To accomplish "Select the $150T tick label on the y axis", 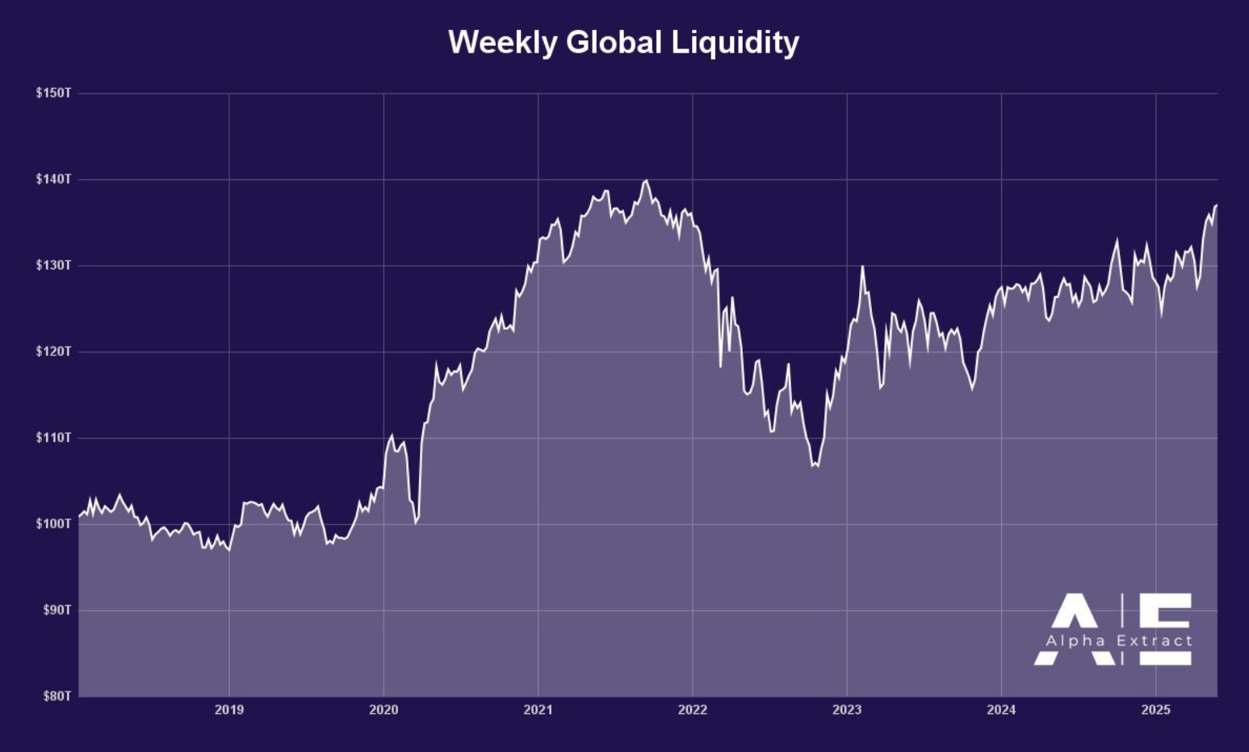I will [x=53, y=93].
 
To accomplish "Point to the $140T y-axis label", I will [x=53, y=179].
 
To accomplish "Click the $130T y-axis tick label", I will [x=53, y=265].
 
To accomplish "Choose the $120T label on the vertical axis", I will [x=53, y=351].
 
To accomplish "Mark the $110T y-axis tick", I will [x=53, y=437].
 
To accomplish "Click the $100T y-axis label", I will [x=53, y=523].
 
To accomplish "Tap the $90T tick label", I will [x=57, y=610].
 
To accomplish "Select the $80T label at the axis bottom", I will [x=57, y=695].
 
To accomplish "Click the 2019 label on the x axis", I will [x=229, y=710].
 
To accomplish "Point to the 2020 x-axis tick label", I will [x=384, y=710].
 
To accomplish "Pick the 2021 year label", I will [x=538, y=710].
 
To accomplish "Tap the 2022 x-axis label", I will [x=692, y=710].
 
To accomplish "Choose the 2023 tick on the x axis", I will [x=847, y=710].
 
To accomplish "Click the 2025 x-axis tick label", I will [x=1155, y=710].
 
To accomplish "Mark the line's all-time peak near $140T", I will [x=645, y=181].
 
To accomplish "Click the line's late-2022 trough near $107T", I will [x=815, y=466].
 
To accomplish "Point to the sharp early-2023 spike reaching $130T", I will [x=862, y=267].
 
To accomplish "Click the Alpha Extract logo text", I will [x=1118, y=641].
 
